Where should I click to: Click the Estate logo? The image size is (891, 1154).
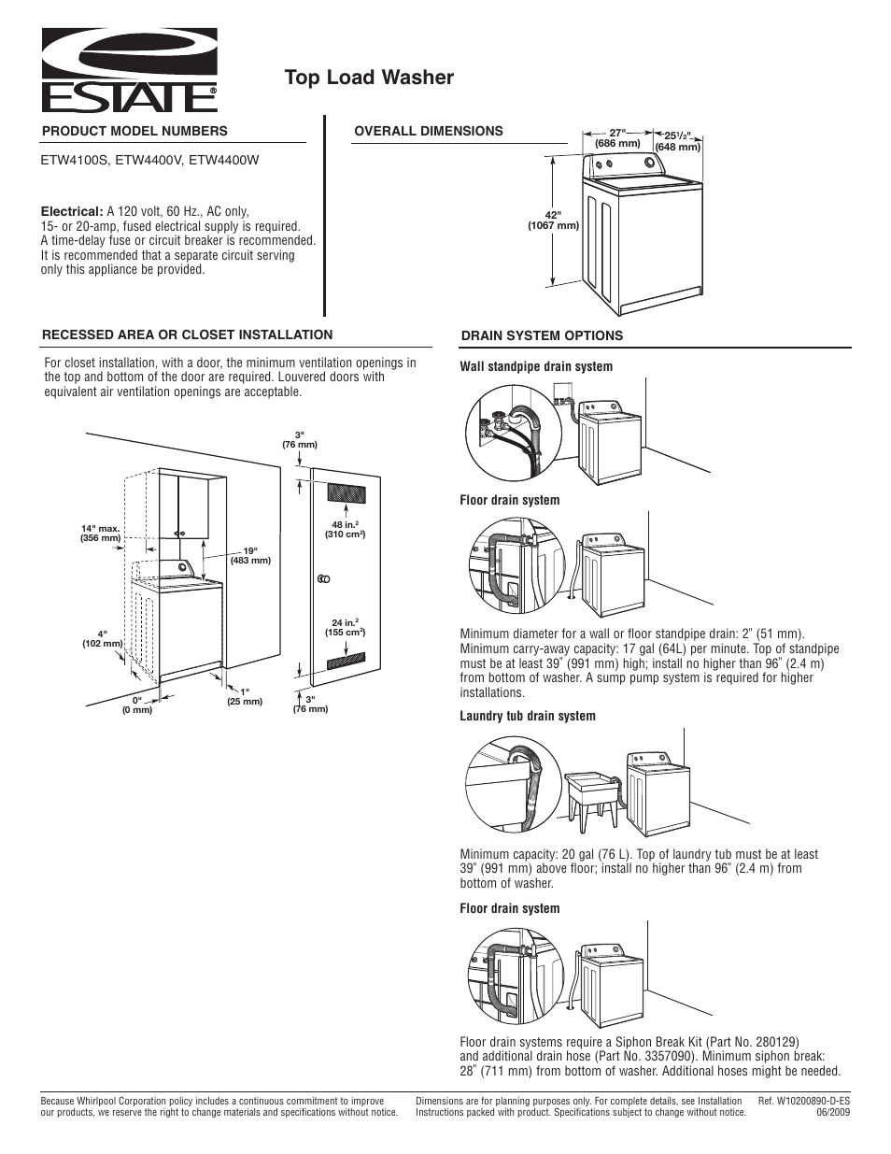[129, 68]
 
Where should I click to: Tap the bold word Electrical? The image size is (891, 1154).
[71, 212]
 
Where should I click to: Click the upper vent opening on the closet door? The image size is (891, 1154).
[346, 492]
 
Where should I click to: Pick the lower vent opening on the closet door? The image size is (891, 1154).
[346, 664]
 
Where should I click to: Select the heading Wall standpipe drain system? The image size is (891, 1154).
[536, 367]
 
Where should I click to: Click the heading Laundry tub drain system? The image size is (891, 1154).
[527, 717]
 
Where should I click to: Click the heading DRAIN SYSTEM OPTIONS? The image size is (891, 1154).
[543, 336]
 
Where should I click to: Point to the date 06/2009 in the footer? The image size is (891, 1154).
[831, 1113]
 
